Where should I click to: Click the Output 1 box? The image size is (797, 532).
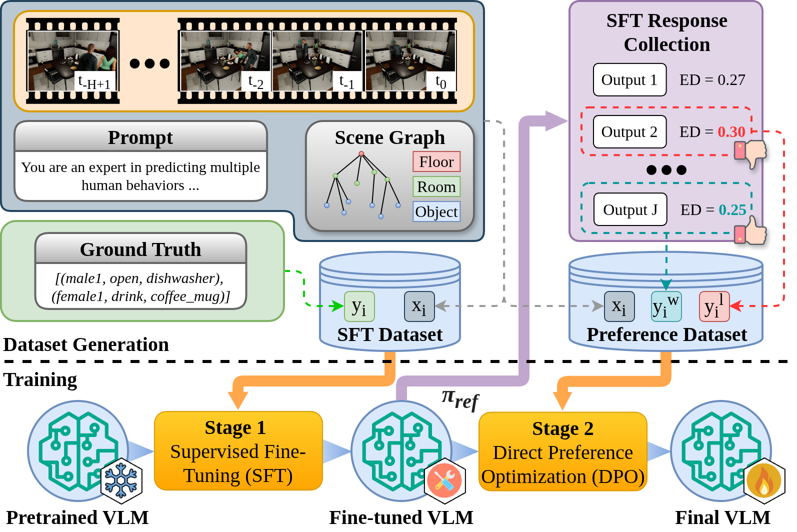tap(629, 80)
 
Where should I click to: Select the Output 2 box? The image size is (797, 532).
tap(629, 132)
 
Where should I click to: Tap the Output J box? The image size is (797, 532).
tap(630, 209)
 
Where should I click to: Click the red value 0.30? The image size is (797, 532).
tap(731, 132)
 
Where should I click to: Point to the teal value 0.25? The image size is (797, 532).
tap(732, 210)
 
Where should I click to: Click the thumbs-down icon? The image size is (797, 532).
tap(751, 153)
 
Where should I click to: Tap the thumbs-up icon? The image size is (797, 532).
tap(751, 231)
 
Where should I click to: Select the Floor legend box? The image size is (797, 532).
tap(436, 162)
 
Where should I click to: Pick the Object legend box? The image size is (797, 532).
tap(436, 212)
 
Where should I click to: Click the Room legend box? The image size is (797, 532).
tap(436, 187)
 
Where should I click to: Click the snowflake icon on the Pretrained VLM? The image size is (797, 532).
tap(121, 480)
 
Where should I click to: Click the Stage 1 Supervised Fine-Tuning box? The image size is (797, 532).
tap(238, 451)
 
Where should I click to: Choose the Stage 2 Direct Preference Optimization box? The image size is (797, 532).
tap(562, 452)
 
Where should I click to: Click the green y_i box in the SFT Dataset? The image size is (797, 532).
tap(359, 306)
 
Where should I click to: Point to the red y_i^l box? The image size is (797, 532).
tap(714, 306)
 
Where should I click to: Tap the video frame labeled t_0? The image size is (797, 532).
tap(410, 61)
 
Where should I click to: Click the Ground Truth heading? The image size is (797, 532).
tap(140, 249)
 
